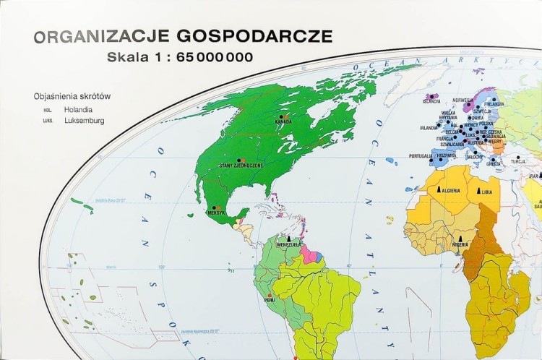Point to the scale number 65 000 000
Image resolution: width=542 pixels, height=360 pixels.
click(215, 57)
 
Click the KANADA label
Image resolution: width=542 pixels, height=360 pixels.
click(283, 121)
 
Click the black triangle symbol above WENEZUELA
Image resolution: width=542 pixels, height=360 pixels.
click(289, 237)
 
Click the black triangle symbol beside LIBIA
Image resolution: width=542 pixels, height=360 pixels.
click(478, 191)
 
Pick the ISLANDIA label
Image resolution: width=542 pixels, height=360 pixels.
click(431, 101)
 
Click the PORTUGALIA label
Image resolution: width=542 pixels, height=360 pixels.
click(420, 155)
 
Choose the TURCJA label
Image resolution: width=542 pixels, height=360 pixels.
click(518, 162)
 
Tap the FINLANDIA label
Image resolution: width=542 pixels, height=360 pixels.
click(494, 103)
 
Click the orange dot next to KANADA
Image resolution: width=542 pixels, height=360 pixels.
click(287, 116)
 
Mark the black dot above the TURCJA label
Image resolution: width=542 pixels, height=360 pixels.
click(518, 156)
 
